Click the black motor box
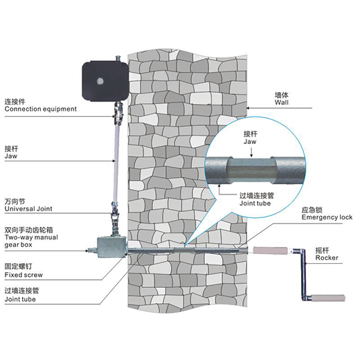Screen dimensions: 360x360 (x=105, y=81)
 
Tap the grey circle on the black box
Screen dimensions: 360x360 (x=100, y=81)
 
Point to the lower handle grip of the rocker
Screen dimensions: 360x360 (x=328, y=298)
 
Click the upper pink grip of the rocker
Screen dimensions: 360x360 (x=271, y=251)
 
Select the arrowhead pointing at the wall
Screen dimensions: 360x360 (x=248, y=108)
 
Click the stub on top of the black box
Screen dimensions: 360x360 (x=118, y=58)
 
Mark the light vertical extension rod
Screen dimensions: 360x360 (x=116, y=163)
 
